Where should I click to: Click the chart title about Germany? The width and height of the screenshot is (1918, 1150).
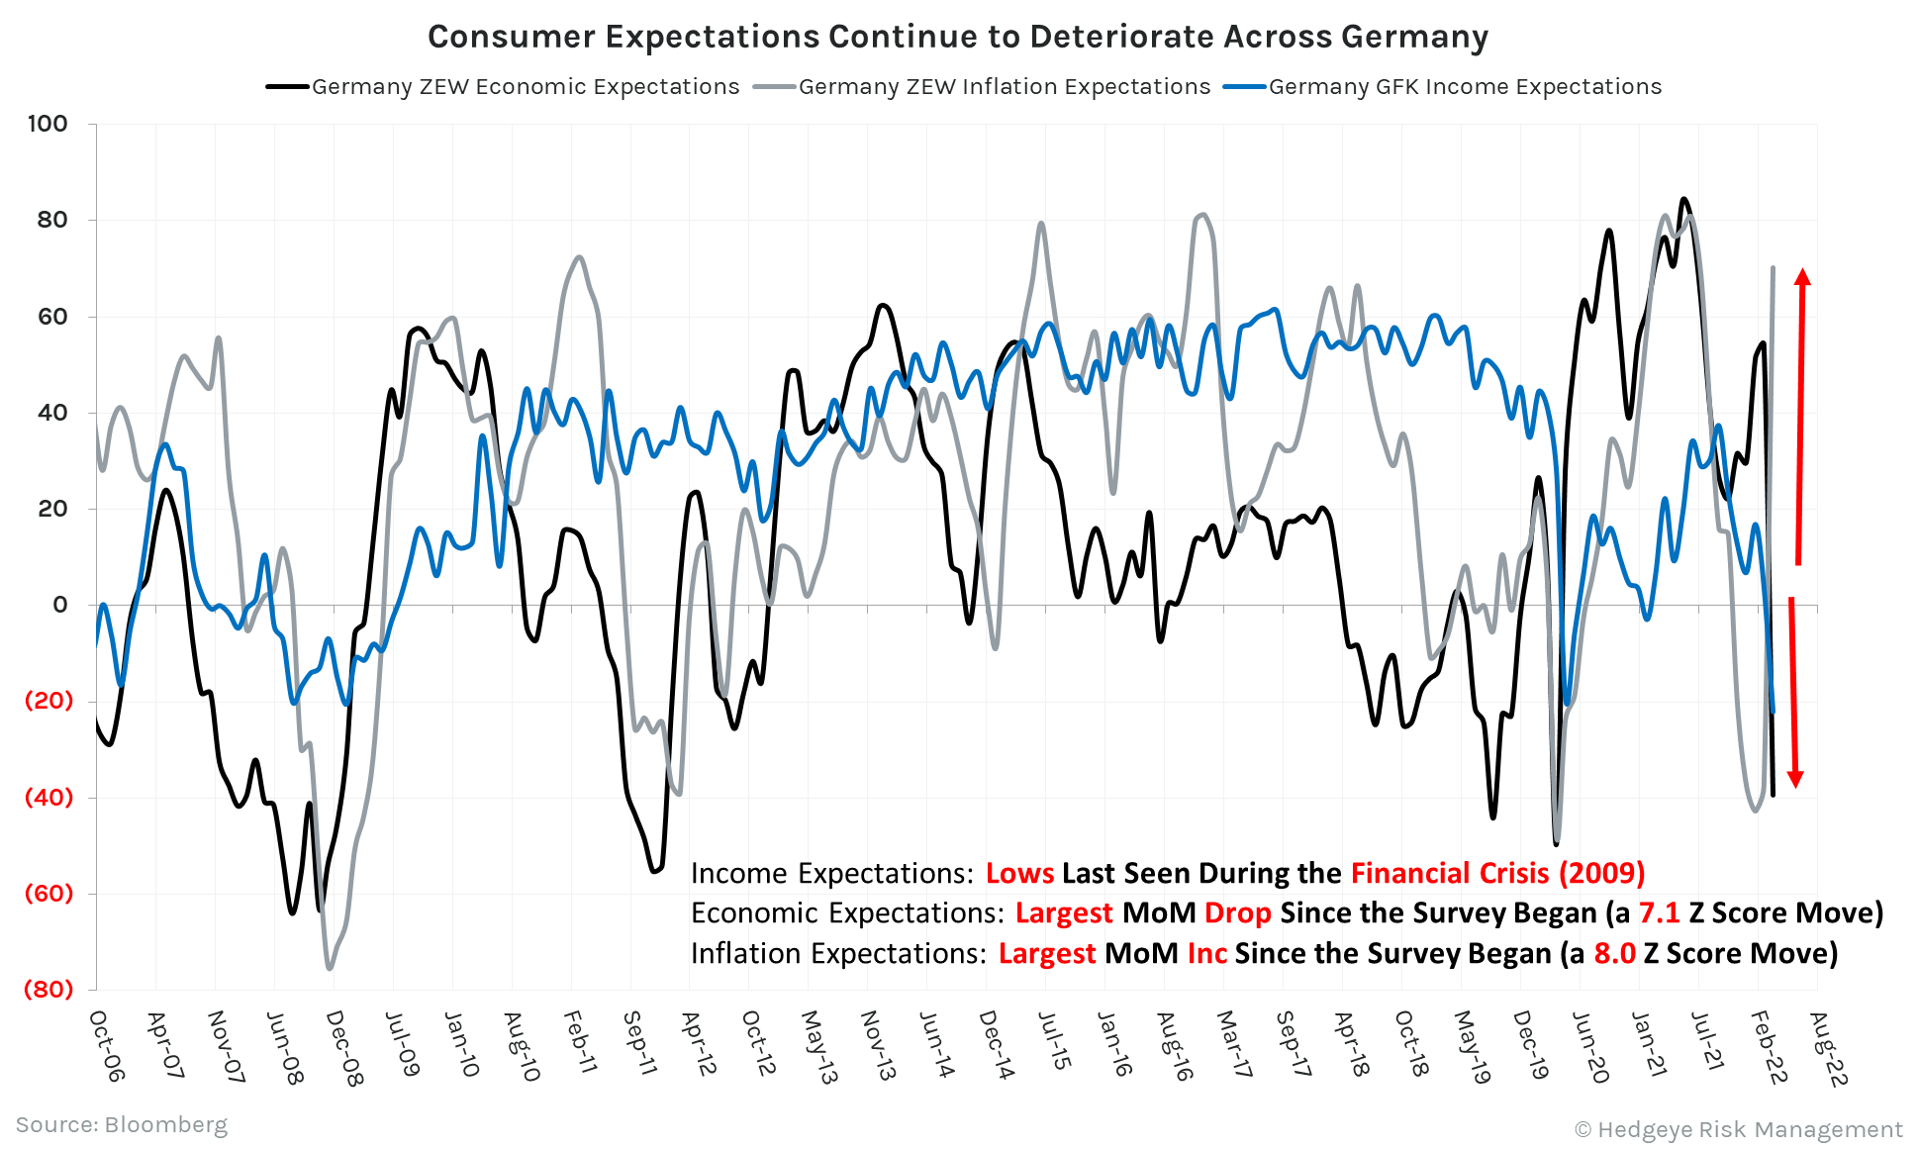(957, 37)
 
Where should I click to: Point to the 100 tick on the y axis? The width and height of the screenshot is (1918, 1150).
(48, 124)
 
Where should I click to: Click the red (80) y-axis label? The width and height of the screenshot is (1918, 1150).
(48, 989)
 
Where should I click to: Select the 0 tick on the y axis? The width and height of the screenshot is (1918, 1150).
(60, 605)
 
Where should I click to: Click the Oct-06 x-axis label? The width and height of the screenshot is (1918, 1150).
(106, 1045)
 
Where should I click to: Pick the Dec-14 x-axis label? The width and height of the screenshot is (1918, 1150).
(996, 1045)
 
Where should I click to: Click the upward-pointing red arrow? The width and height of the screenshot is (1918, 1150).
(1801, 416)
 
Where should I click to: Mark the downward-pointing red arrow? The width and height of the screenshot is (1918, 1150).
(1793, 693)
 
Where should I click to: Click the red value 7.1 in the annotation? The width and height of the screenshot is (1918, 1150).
(1659, 912)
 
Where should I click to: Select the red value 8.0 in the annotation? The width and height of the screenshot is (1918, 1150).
(1614, 953)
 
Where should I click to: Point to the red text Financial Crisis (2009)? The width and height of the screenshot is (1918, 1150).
(1496, 873)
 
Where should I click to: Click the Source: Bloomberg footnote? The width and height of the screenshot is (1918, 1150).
(121, 1125)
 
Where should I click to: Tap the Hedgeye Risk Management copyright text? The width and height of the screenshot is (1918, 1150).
(1738, 1129)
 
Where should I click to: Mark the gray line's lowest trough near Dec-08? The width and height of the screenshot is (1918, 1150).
(330, 968)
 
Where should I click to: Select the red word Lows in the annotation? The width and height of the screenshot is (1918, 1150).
(1019, 873)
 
